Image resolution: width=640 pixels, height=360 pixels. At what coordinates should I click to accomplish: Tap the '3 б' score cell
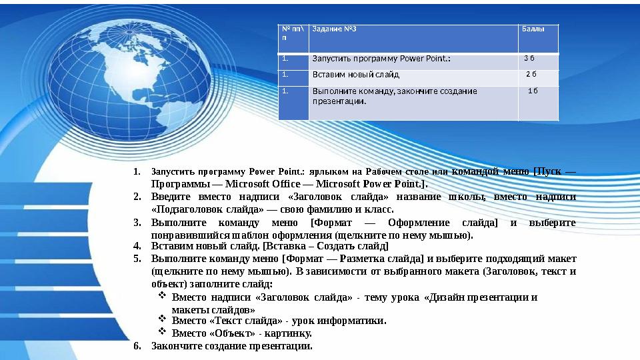pos(529,58)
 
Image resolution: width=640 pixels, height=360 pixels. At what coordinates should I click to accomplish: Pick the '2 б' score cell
pos(531,74)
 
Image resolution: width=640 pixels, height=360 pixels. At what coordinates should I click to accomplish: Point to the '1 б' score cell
pos(533,90)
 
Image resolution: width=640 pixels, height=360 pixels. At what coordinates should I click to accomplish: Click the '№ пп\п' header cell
pos(293,33)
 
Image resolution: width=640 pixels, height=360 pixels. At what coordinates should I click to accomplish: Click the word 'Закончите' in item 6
pos(174,345)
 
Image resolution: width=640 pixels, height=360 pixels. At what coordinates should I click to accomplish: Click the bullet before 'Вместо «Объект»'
pos(162,331)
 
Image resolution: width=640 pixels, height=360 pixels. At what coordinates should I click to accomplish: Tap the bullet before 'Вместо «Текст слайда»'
pos(162,319)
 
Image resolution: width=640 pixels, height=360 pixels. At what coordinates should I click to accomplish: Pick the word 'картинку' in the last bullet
pos(291,333)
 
